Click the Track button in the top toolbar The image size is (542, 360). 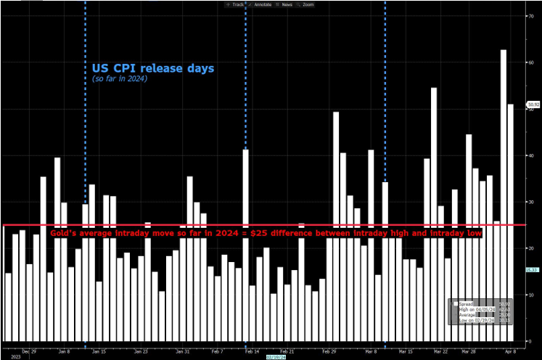coord(236,4)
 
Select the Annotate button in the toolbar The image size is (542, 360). coord(260,4)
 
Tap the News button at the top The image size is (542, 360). coord(286,4)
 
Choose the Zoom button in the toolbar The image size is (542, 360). coord(308,4)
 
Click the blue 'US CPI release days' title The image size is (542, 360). coord(152,68)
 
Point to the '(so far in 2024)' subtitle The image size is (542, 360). coord(120,78)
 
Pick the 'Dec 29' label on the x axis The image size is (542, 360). coord(30,350)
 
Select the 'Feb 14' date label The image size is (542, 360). coord(251,350)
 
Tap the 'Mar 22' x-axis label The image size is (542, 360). coord(440,350)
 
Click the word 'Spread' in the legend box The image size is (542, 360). coord(467,303)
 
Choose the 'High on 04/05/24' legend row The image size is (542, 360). coord(476,309)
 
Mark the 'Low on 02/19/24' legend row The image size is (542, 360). coord(476,320)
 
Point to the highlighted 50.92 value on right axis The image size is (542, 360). coord(533,105)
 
